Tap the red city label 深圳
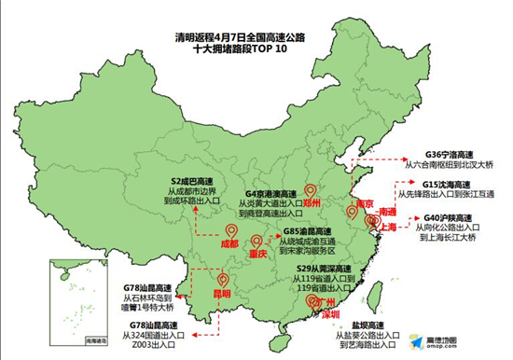329,314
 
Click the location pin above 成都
231,230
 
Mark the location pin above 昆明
222,279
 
